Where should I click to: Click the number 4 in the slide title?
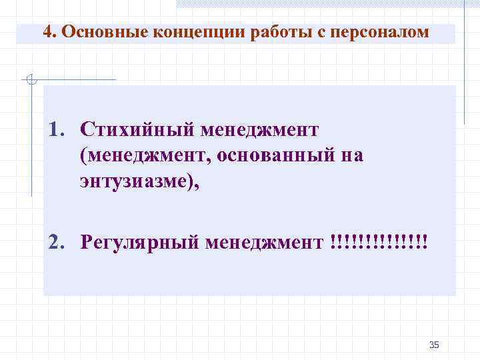pyautogui.click(x=46, y=33)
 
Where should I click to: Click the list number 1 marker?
pyautogui.click(x=56, y=127)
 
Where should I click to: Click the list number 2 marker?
pyautogui.click(x=56, y=241)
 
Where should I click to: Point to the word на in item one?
pyautogui.click(x=351, y=155)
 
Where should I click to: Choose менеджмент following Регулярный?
pyautogui.click(x=265, y=241)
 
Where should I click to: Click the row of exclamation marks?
pyautogui.click(x=378, y=241)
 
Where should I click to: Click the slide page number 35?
pyautogui.click(x=435, y=345)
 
